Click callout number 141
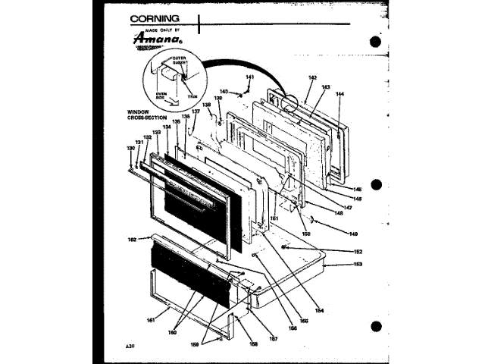(x=250, y=78)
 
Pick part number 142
(x=313, y=77)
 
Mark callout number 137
(x=195, y=111)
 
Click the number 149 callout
(x=353, y=234)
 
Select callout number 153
(x=358, y=264)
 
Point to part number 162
(x=132, y=239)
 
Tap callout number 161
(x=151, y=321)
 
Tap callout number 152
(x=358, y=251)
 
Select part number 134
(x=167, y=127)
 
